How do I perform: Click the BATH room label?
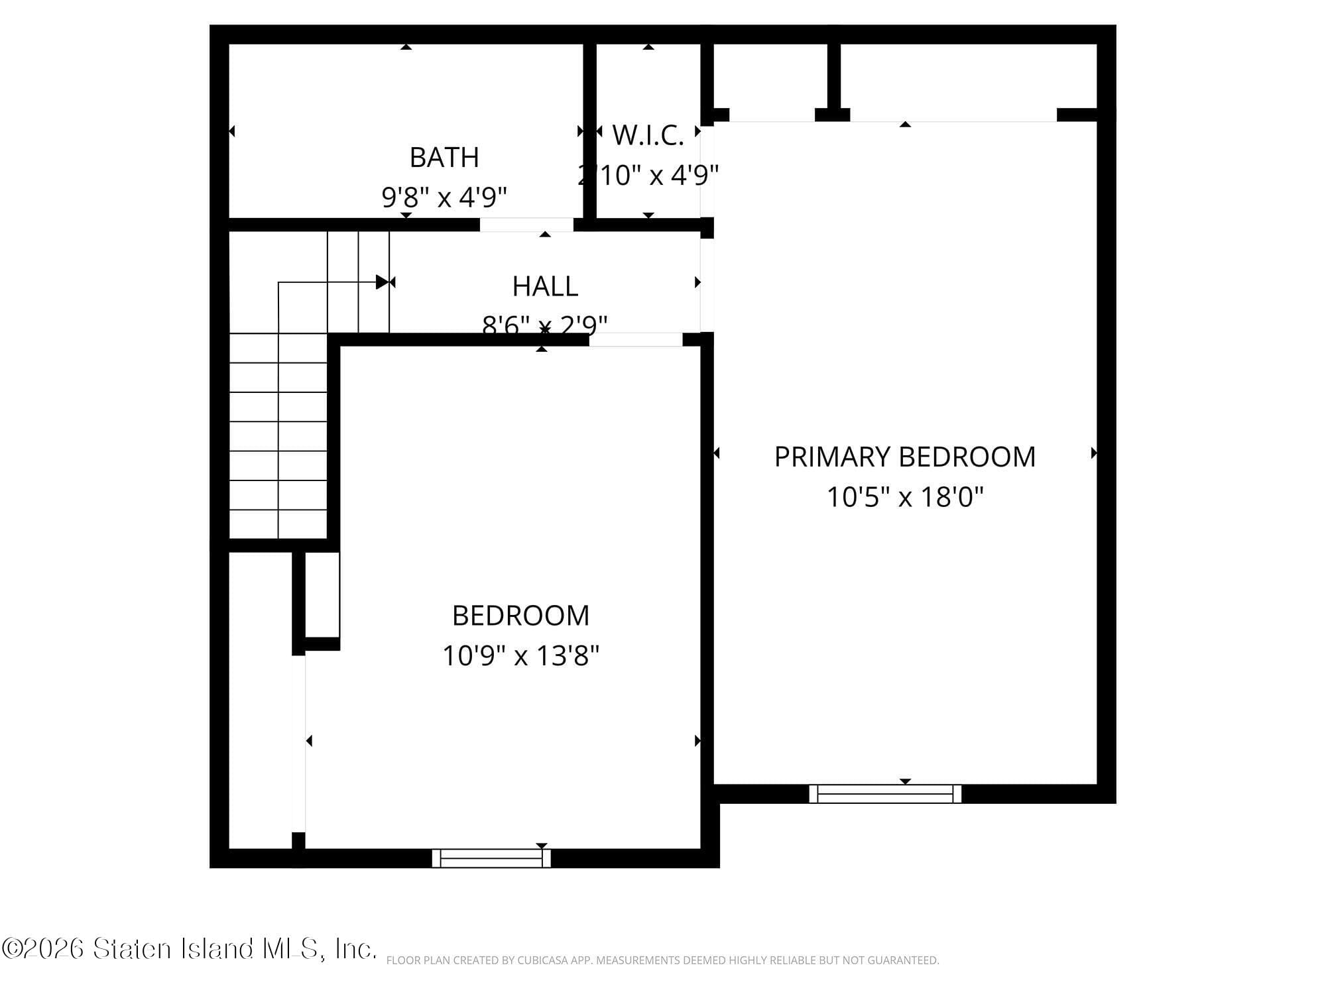pos(444,158)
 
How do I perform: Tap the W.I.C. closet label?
pos(648,135)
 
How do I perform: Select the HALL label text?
pos(545,286)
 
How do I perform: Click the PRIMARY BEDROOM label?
pos(904,457)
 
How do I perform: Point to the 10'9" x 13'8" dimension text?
pos(520,656)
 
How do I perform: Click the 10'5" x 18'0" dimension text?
pos(904,497)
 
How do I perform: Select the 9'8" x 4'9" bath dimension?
pos(444,197)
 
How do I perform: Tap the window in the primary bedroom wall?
pos(885,793)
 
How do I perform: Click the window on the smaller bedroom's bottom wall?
pos(491,858)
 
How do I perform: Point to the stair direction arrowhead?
pos(382,282)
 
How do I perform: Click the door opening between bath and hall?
pos(526,225)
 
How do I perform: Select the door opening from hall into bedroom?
pos(636,339)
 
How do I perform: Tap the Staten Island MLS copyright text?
pos(189,949)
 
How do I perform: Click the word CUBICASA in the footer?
pos(545,960)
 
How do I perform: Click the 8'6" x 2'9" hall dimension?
pos(545,325)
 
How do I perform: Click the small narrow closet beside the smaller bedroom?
pos(322,594)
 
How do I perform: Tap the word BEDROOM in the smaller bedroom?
pos(520,616)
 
